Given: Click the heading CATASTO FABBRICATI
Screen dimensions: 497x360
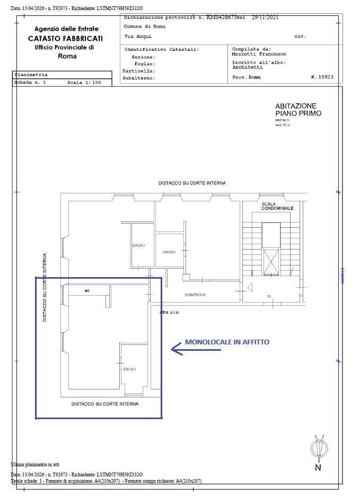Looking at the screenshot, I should tap(66, 39).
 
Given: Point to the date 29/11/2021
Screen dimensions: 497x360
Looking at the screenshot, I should tap(265, 17).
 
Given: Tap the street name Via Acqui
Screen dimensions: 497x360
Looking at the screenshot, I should tap(137, 37).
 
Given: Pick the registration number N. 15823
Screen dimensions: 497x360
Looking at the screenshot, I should tap(322, 77).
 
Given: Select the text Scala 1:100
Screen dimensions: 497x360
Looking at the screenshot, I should tap(83, 83).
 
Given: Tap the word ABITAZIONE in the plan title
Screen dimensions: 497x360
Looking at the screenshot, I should tap(295, 106).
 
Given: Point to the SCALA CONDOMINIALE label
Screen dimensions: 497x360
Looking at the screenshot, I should tap(277, 206).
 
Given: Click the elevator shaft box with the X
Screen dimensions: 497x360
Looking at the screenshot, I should tap(271, 261).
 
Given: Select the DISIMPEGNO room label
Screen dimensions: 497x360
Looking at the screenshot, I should tap(195, 295).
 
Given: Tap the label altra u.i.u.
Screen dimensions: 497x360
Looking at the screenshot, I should tap(170, 312).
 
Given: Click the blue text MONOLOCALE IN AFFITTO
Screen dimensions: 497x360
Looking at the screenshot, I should tap(227, 342).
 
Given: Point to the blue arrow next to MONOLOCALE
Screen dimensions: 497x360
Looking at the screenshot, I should tap(176, 348).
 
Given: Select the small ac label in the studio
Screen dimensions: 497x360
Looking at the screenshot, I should tap(87, 290).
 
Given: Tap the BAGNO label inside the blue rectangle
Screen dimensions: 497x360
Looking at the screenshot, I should tap(129, 369).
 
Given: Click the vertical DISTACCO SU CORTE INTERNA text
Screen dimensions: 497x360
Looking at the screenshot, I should tap(45, 287).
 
